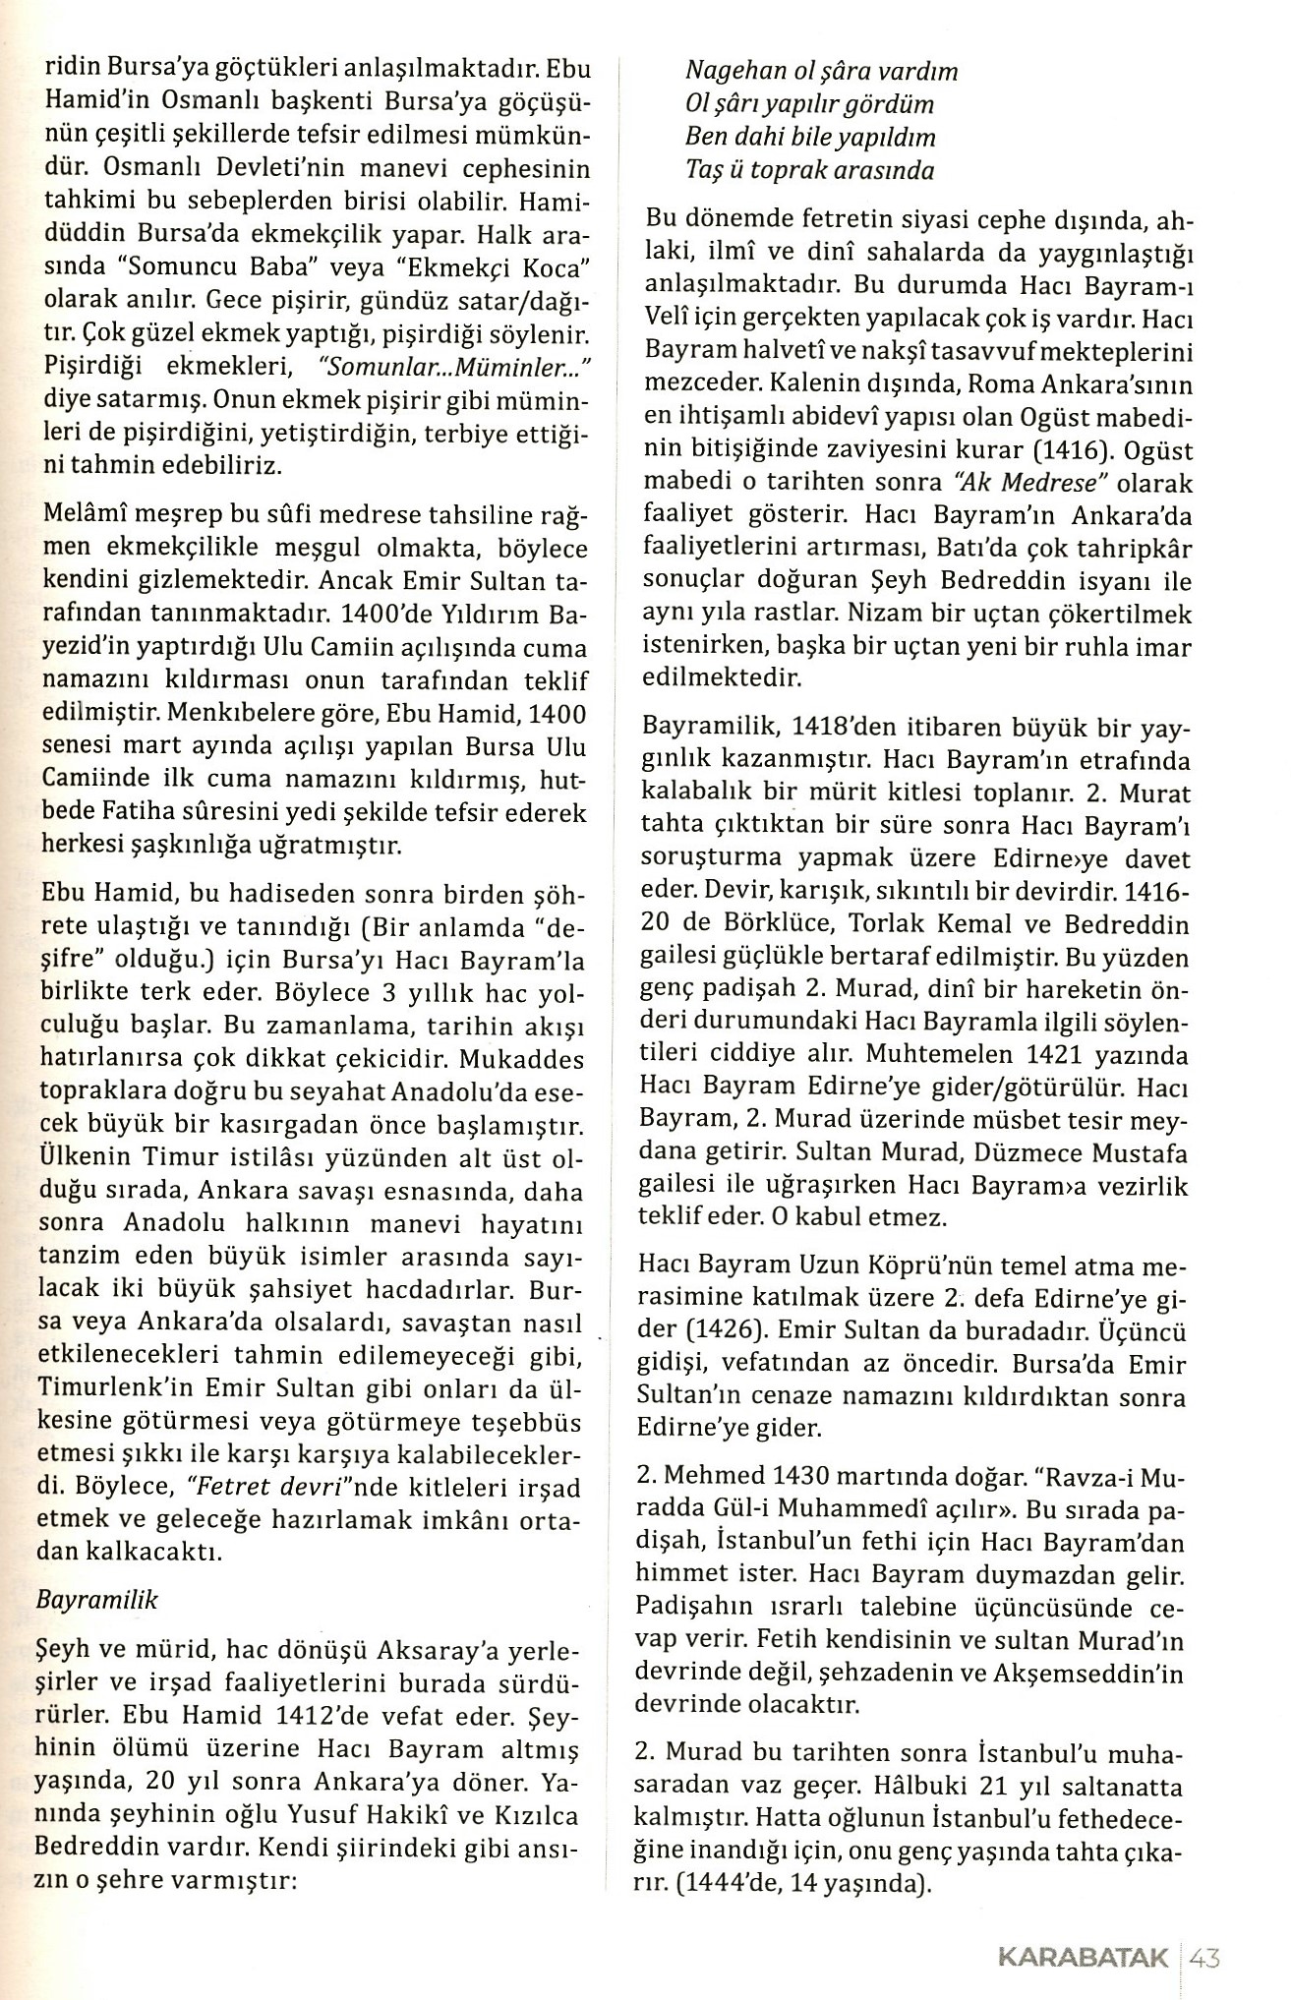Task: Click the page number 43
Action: point(1204,1958)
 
